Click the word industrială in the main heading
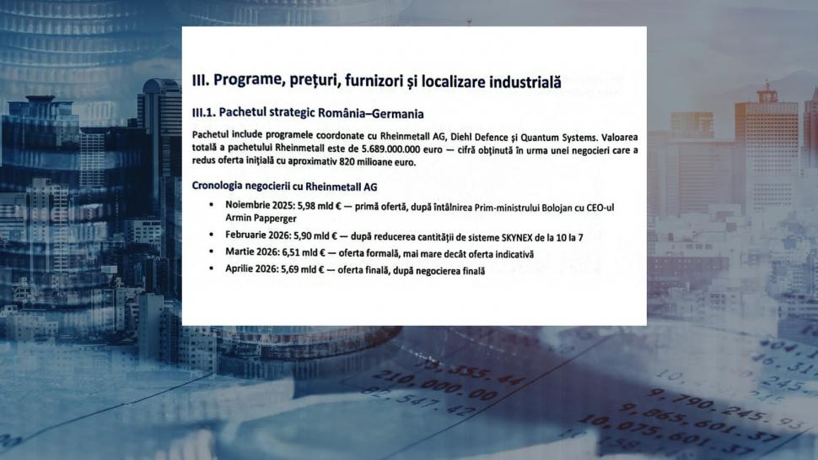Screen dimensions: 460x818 [518, 81]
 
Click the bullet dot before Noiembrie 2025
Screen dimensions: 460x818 [210, 206]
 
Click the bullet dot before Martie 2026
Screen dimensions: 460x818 [210, 253]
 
